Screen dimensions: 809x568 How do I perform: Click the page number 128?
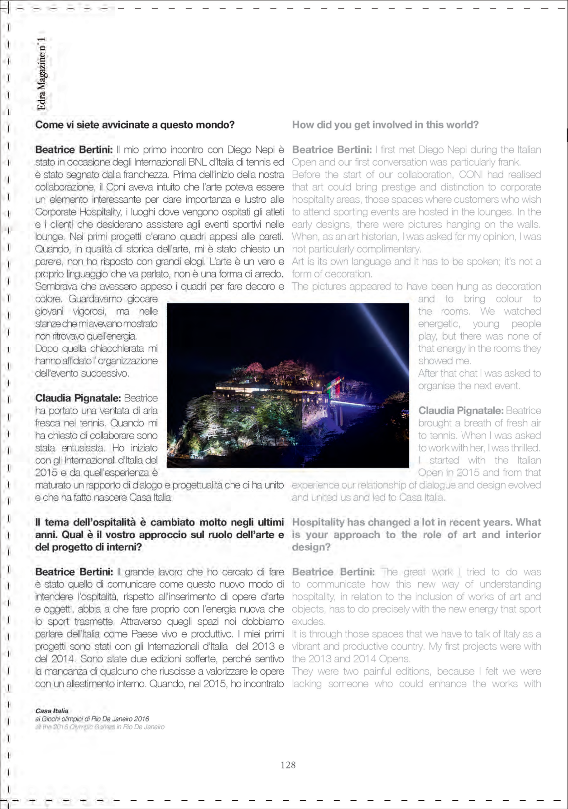pyautogui.click(x=288, y=765)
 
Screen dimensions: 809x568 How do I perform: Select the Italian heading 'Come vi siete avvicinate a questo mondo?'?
pyautogui.click(x=135, y=125)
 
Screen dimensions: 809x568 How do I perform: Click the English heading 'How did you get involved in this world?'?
pyautogui.click(x=385, y=125)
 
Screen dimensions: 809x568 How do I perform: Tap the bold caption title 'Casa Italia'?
pyautogui.click(x=52, y=711)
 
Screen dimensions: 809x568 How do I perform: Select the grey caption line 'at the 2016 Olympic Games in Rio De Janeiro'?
pyautogui.click(x=100, y=727)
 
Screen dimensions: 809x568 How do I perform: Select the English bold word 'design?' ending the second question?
pyautogui.click(x=311, y=547)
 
